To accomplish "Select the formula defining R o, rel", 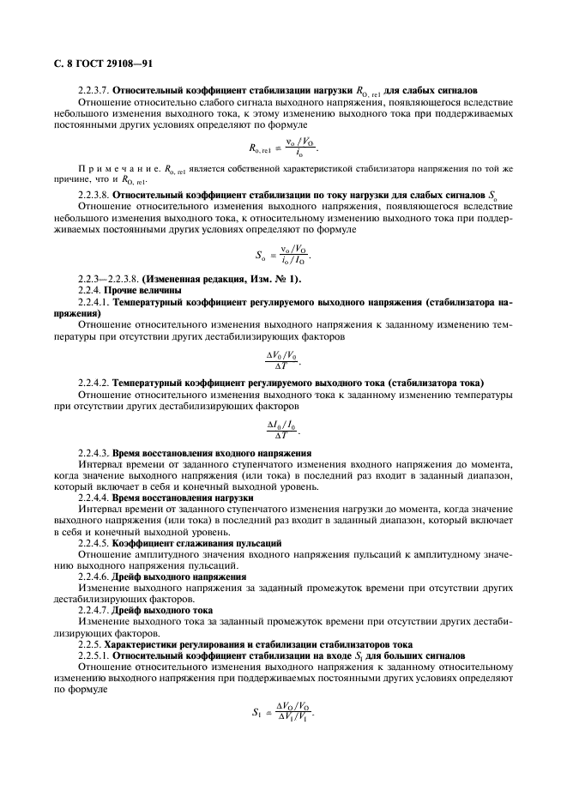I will coord(282,148).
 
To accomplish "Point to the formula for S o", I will coord(282,254).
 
